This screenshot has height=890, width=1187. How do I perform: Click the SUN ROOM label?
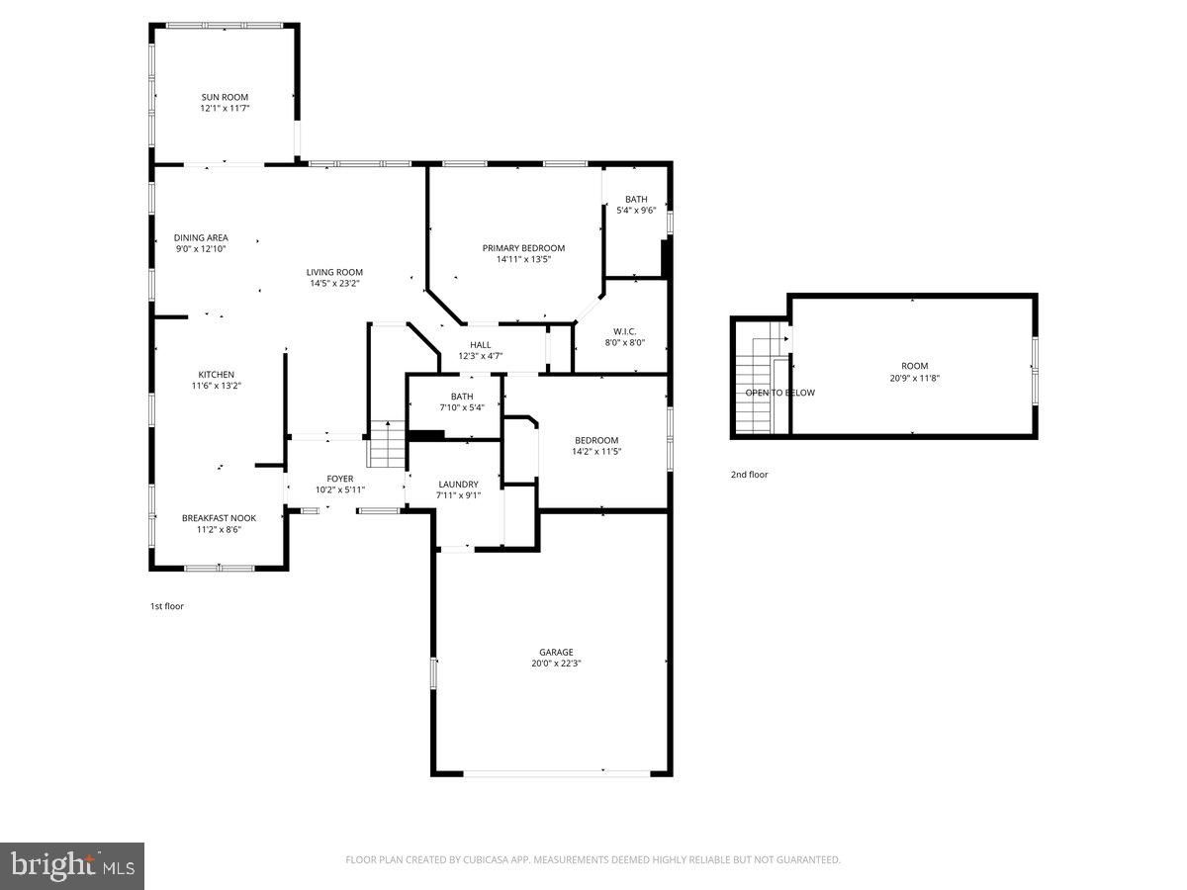pos(225,97)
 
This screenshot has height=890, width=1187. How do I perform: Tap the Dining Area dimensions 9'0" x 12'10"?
pos(201,249)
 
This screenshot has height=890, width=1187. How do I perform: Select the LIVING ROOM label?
pos(334,272)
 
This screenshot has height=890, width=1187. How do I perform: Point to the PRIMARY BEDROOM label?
pos(523,248)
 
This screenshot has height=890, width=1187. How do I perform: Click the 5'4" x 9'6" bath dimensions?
pos(636,211)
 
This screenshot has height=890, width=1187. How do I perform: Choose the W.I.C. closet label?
pos(624,331)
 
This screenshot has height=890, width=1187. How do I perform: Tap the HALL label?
pos(480,345)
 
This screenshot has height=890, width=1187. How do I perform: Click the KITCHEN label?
pos(216,375)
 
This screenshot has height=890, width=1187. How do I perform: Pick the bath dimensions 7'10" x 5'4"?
pos(462,407)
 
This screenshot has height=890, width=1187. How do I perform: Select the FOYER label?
pos(340,479)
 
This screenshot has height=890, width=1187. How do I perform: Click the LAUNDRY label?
pos(458,485)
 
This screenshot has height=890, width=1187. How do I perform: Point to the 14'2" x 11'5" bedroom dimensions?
pos(596,451)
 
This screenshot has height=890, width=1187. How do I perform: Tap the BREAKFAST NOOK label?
pos(219,518)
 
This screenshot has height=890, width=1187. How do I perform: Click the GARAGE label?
pos(556,653)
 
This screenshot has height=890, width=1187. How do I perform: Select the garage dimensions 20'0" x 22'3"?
pos(556,664)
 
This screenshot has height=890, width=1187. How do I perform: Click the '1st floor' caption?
pos(166,606)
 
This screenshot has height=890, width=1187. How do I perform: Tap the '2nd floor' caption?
pos(749,475)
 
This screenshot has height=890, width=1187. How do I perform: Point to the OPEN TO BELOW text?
pos(779,393)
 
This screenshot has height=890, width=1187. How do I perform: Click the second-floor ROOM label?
pos(914,366)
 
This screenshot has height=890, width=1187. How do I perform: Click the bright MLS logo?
pos(72,867)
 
